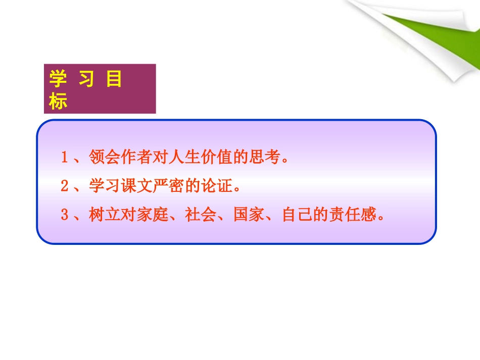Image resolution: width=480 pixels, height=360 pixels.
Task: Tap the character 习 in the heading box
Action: point(86,80)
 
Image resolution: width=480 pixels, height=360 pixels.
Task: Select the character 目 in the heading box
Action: point(114,80)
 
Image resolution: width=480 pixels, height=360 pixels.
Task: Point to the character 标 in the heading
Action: point(58,102)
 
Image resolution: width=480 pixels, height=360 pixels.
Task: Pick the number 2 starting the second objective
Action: point(64,187)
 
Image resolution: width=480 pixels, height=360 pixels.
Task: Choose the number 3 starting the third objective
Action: point(64,216)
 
